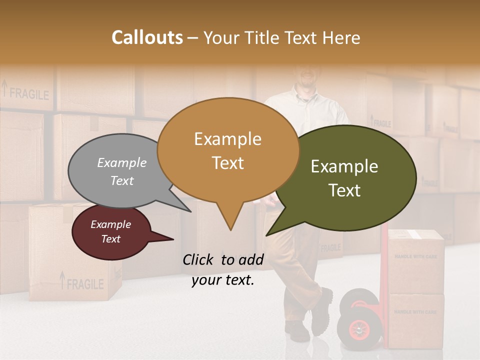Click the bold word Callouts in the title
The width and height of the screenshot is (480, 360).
pyautogui.click(x=147, y=37)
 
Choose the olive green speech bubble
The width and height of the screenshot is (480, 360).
pyautogui.click(x=350, y=177)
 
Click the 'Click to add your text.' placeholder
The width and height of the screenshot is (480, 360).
pyautogui.click(x=223, y=269)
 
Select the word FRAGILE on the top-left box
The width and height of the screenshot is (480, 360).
pyautogui.click(x=29, y=93)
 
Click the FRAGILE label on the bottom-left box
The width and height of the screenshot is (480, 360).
pyautogui.click(x=85, y=284)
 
